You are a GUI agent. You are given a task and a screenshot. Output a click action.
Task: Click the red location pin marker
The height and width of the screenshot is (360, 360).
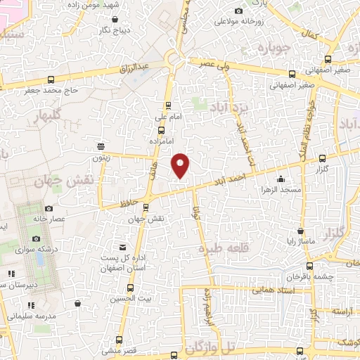coord(181,165)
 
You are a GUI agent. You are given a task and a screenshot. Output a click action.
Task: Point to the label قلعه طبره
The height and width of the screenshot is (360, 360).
coord(222,248)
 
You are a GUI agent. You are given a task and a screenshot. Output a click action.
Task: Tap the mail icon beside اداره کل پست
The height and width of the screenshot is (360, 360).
coord(123,247)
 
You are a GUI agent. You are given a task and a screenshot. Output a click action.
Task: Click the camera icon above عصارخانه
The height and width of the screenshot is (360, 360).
coord(48,208)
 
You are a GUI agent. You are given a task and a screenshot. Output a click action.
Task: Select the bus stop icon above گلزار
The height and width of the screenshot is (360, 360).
coord(322,157)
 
